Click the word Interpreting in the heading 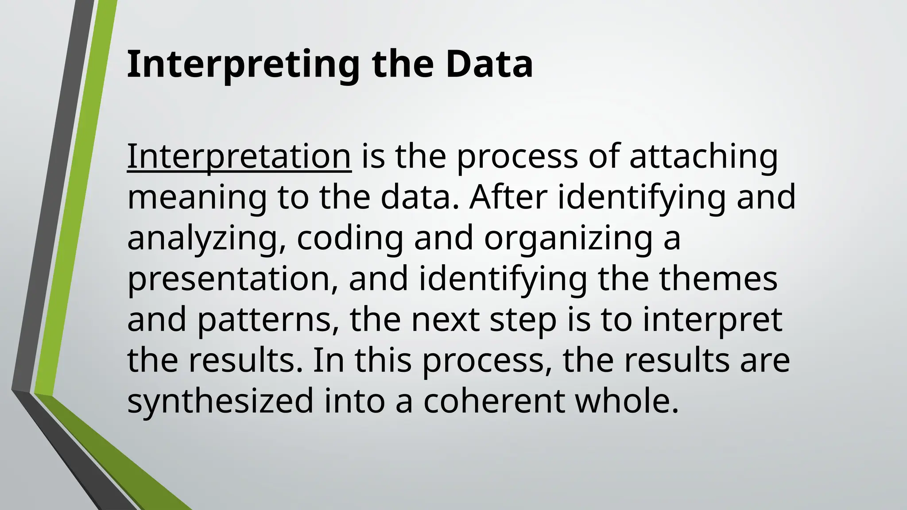click(243, 65)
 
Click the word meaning click(197, 197)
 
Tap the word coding click(350, 238)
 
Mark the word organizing click(568, 238)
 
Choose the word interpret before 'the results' click(713, 320)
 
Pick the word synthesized click(220, 401)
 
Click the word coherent click(494, 401)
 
